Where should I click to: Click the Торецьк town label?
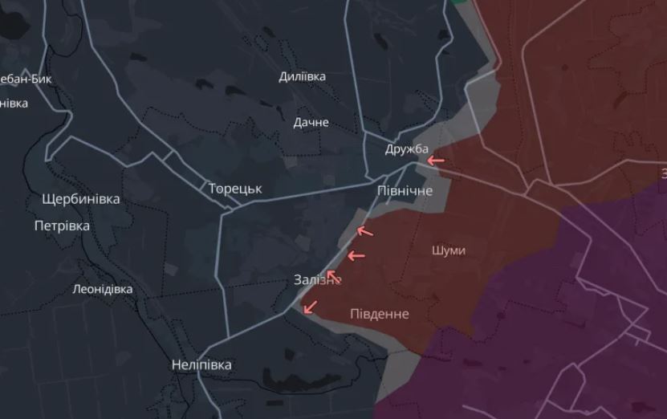point(235,189)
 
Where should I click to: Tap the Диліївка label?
point(302,77)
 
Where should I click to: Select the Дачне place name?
point(311,123)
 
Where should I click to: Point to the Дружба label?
point(407,149)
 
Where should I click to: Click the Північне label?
point(405,191)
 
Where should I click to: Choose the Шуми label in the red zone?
point(448,250)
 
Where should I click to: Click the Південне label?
point(379,314)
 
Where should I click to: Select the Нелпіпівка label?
point(201,365)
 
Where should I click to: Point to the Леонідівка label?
point(103,289)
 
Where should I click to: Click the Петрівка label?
point(62,226)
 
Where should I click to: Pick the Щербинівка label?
point(81,199)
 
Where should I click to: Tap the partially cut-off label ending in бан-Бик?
point(26,79)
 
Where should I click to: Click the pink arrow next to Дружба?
point(435,161)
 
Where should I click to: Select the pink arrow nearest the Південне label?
point(309,307)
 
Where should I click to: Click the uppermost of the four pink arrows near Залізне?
point(365,231)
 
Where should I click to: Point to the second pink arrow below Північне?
point(356,256)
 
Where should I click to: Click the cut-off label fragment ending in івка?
point(14,104)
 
